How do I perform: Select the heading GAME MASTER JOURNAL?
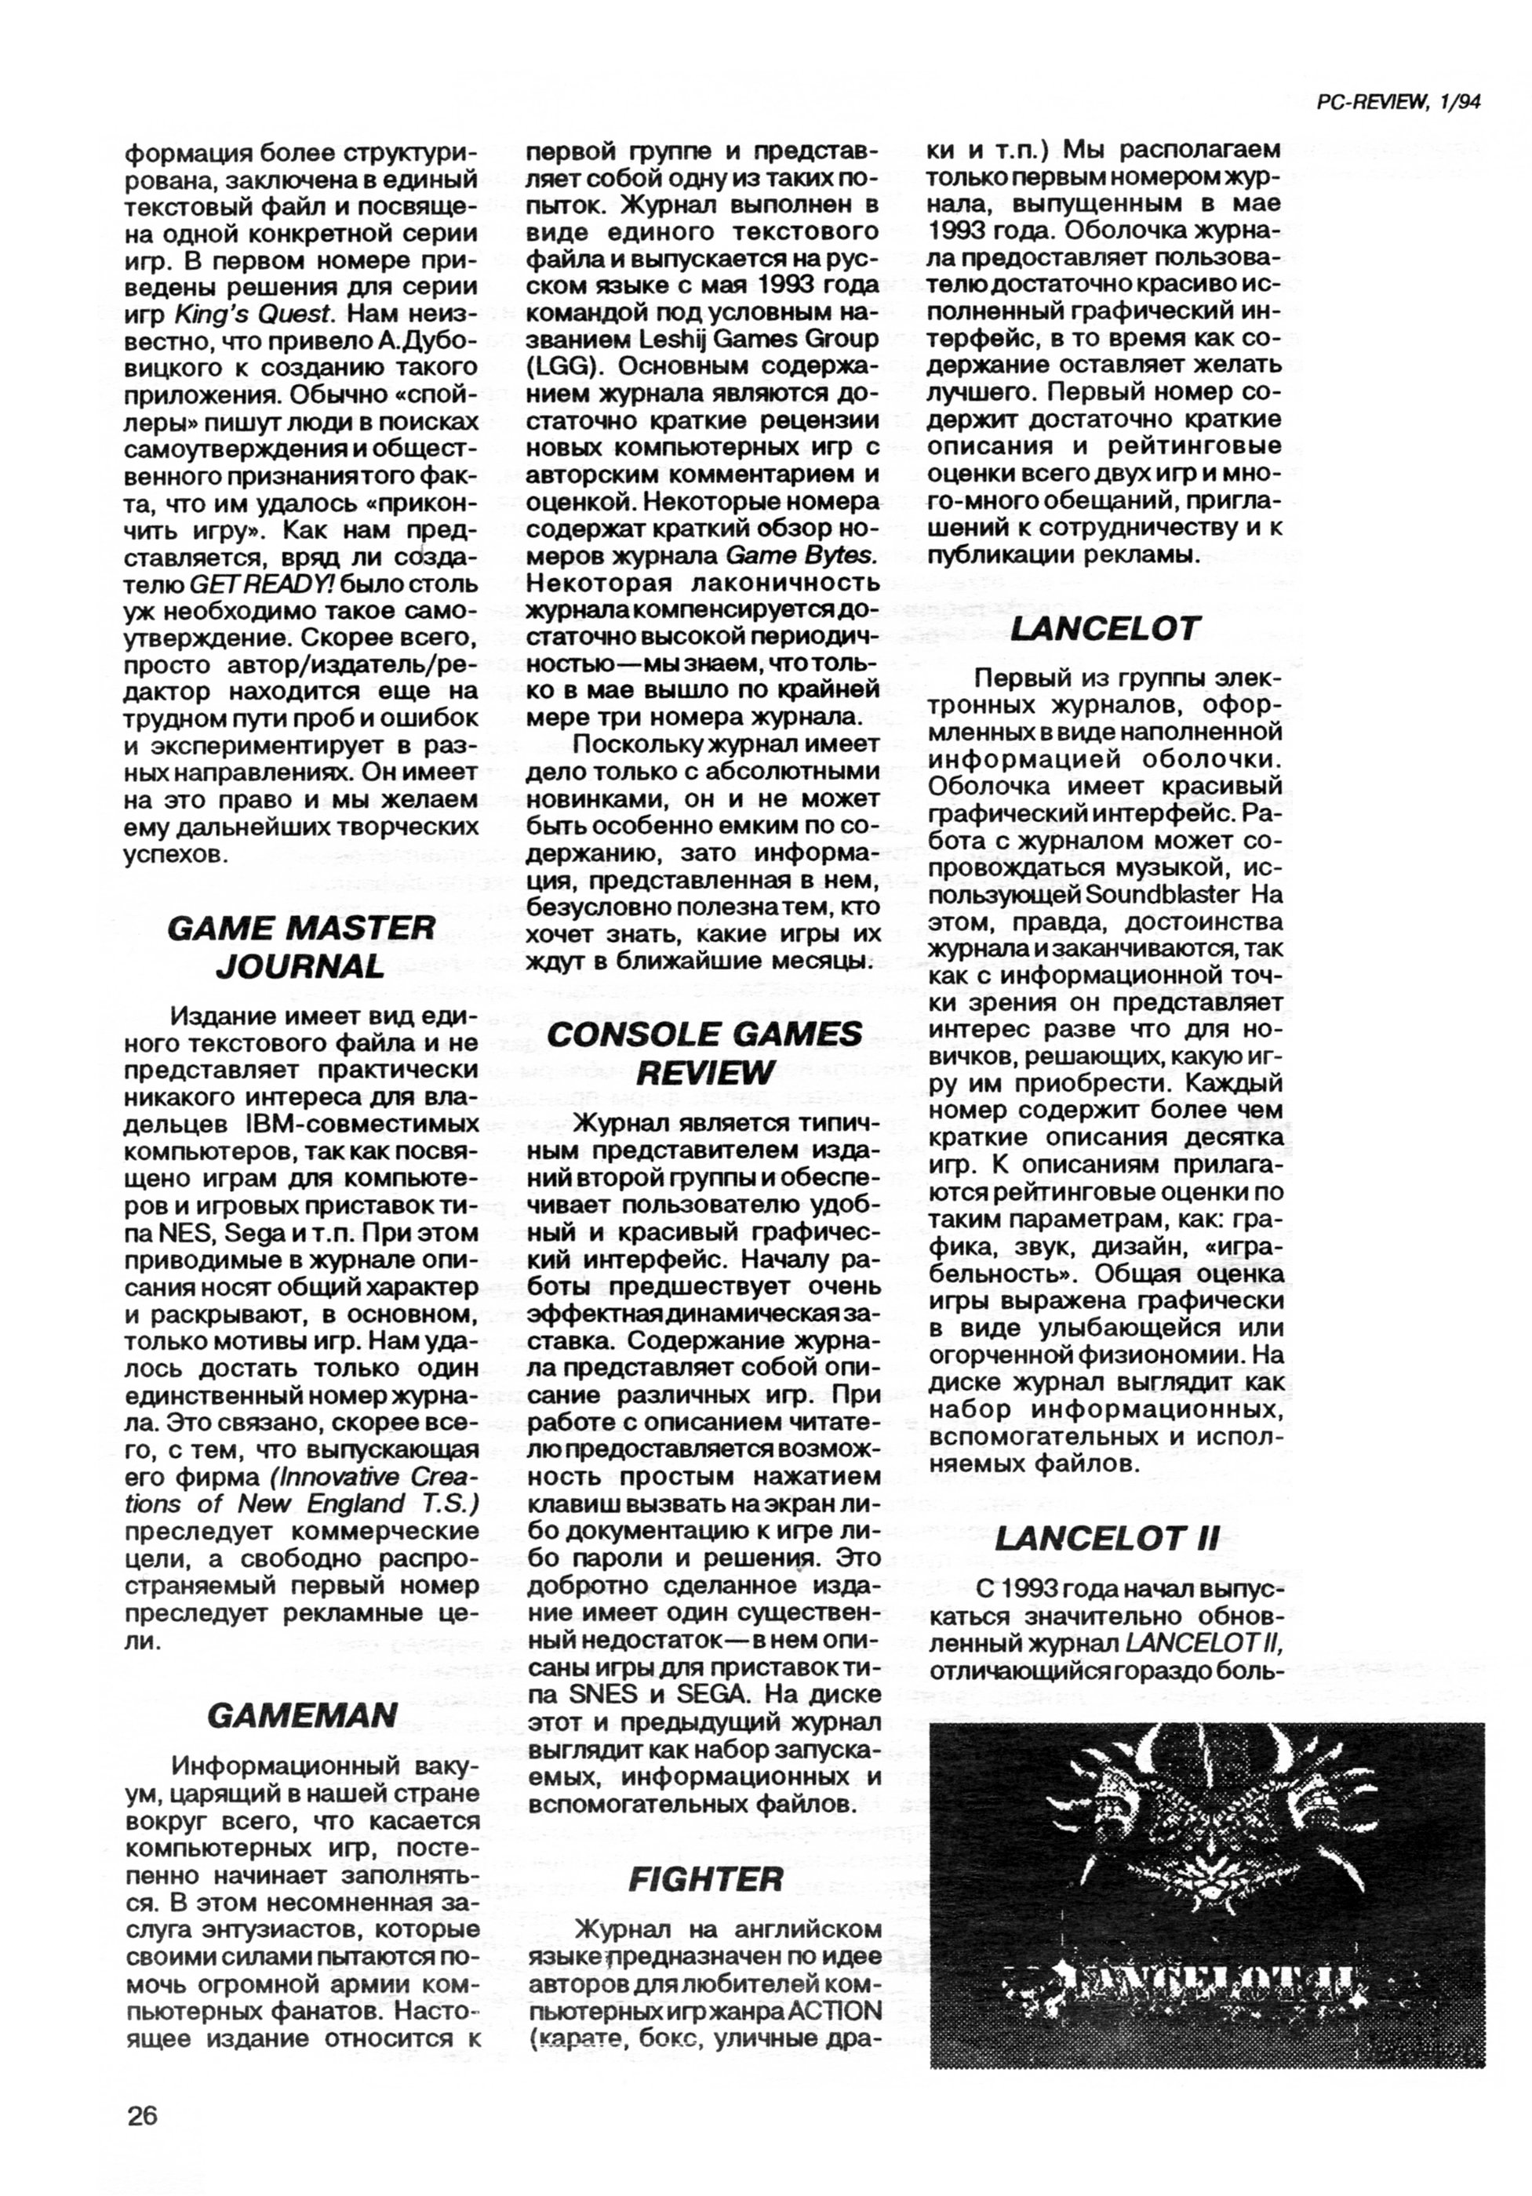click(x=300, y=947)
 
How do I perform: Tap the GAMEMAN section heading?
click(x=301, y=1716)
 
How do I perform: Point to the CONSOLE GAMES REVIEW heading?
click(x=704, y=1053)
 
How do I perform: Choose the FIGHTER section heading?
click(x=705, y=1879)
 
